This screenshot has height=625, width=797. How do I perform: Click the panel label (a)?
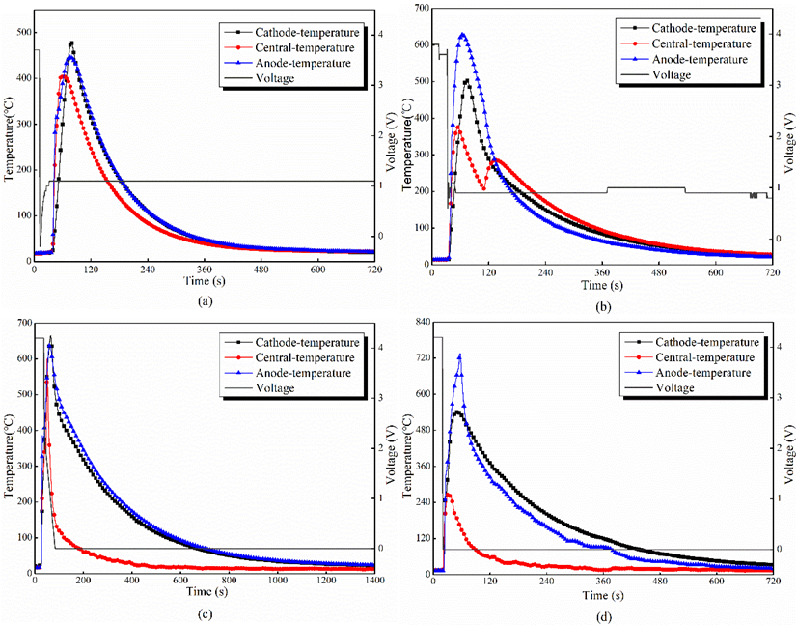(x=204, y=301)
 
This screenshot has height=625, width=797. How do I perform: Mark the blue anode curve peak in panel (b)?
(x=462, y=35)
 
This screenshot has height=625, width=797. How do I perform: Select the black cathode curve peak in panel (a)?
(x=71, y=43)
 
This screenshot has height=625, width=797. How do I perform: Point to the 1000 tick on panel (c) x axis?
(x=276, y=582)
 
